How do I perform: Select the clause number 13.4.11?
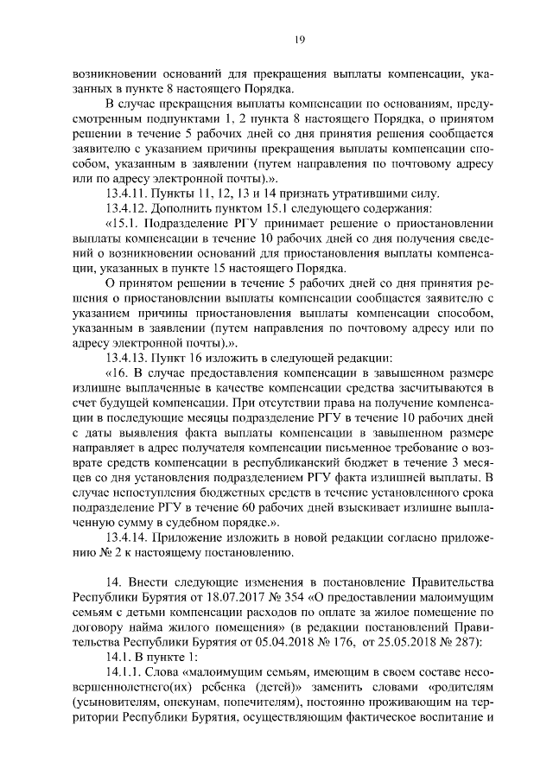click(128, 192)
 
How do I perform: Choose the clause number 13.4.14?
click(128, 537)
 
